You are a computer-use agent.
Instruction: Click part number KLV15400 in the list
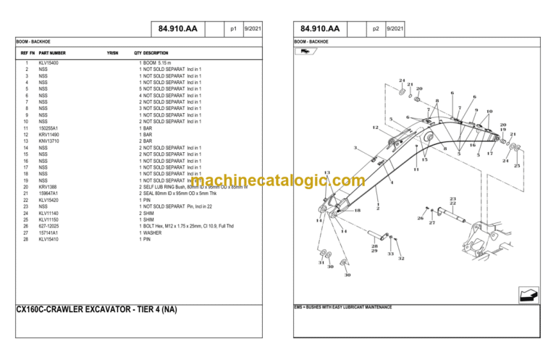pos(49,63)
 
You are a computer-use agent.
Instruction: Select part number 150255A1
pos(49,128)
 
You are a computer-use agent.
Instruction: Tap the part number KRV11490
pos(49,135)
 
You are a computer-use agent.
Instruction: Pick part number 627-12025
pos(49,226)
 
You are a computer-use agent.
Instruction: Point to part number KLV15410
pos(49,239)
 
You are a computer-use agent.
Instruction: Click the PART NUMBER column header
pos(52,53)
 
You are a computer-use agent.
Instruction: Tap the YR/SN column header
pos(112,53)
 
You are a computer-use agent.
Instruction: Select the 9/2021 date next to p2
pos(395,29)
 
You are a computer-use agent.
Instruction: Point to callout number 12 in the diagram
pos(375,128)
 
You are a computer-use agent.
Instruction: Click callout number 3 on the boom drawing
pos(355,148)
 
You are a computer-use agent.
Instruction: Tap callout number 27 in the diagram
pos(432,223)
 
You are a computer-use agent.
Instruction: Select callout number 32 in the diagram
pos(400,259)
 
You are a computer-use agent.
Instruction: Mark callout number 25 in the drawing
pos(517,166)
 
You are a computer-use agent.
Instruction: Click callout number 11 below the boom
pos(416,169)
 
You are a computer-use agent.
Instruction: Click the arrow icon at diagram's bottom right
pos(529,295)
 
